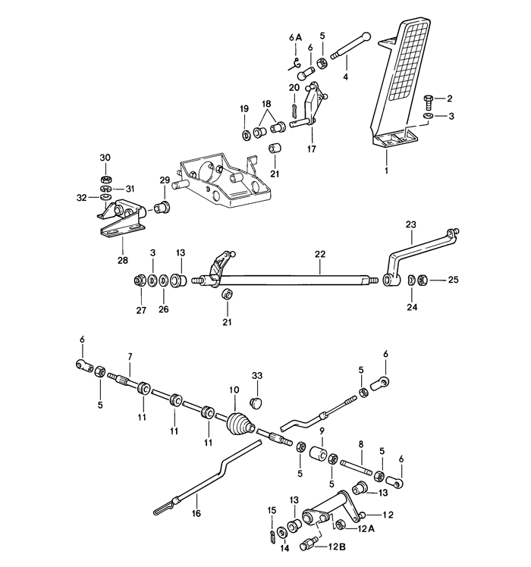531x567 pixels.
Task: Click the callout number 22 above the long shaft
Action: point(320,254)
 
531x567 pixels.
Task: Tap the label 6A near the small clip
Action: point(295,38)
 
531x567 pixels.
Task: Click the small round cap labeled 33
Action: point(256,402)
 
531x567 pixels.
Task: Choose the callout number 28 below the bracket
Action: point(123,260)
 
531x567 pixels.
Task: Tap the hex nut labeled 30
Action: point(105,179)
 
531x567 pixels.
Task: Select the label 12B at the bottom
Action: point(338,547)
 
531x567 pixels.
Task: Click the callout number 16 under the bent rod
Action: point(196,513)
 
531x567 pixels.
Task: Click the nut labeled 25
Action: point(422,280)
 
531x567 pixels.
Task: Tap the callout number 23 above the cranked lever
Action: point(411,224)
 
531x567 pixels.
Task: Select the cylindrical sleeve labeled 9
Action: point(319,454)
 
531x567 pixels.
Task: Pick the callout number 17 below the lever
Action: point(311,149)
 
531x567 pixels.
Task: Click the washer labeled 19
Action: point(247,135)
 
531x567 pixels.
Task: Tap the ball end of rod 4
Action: point(366,36)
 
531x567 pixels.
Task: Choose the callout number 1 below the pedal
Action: point(386,171)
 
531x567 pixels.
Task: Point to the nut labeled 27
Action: point(138,280)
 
